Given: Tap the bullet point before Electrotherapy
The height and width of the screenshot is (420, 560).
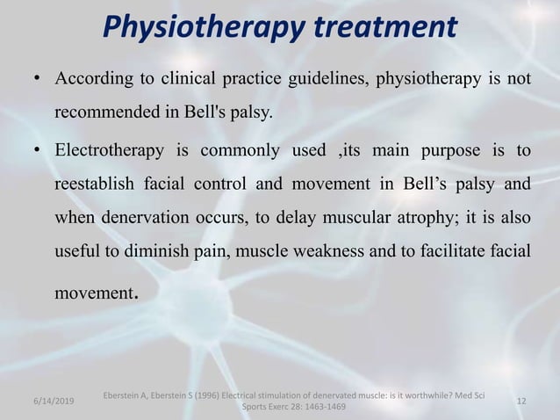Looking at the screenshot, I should coord(36,151).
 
